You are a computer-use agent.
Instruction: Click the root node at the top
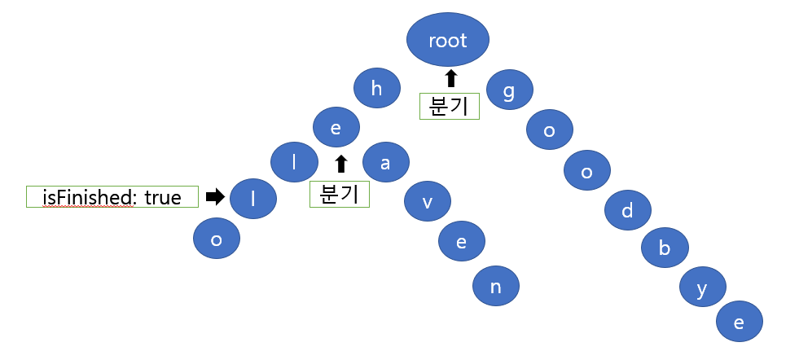(448, 41)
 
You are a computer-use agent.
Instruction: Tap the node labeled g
(510, 91)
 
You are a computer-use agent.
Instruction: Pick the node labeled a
(385, 163)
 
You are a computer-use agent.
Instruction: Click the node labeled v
(426, 203)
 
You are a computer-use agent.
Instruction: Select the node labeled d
(627, 212)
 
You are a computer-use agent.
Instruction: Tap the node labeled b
(665, 249)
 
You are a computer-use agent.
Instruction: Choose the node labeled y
(702, 292)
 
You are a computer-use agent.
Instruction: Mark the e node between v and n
(462, 241)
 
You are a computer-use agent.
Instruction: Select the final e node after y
(740, 322)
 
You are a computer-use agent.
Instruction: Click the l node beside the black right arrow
(253, 199)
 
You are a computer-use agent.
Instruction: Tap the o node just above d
(587, 172)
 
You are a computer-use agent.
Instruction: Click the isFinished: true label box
(112, 196)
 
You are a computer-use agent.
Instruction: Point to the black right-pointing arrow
(215, 196)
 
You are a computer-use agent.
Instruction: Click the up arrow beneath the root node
(449, 79)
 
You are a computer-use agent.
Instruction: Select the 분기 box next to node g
(449, 106)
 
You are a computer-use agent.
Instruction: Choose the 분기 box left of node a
(339, 194)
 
